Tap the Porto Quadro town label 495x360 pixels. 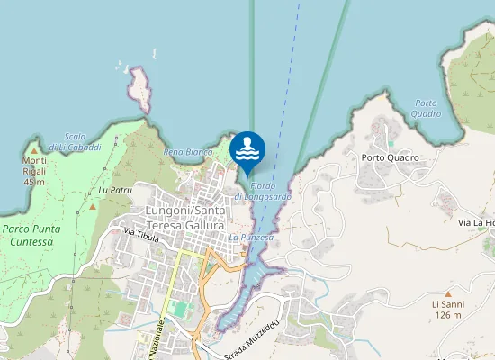391,157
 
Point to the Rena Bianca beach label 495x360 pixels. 187,152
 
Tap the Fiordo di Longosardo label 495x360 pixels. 263,191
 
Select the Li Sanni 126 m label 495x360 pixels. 447,310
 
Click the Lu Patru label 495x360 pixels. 115,191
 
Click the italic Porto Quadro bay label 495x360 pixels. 427,108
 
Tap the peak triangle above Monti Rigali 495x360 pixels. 34,149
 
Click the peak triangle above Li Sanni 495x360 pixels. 447,293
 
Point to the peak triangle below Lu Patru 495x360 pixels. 92,207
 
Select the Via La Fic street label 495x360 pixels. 476,222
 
